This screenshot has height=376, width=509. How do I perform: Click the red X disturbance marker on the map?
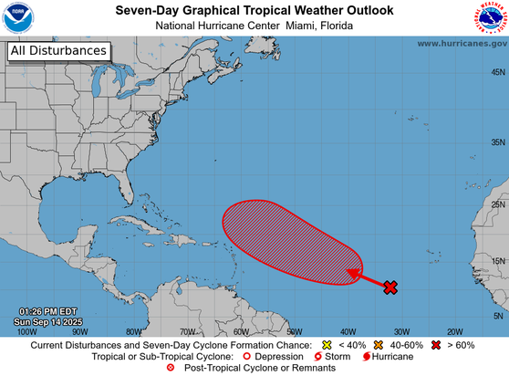390,287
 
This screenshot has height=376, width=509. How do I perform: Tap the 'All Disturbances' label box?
58,52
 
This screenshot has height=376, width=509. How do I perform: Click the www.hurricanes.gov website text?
462,43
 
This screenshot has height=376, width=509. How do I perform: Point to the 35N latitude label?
497,142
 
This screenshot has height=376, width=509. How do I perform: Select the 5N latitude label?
499,315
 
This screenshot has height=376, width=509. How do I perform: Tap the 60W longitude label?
241,331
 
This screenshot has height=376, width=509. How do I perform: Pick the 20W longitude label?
454,331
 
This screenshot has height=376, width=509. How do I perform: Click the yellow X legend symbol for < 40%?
326,345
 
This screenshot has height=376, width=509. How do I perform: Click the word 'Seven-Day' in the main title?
147,10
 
